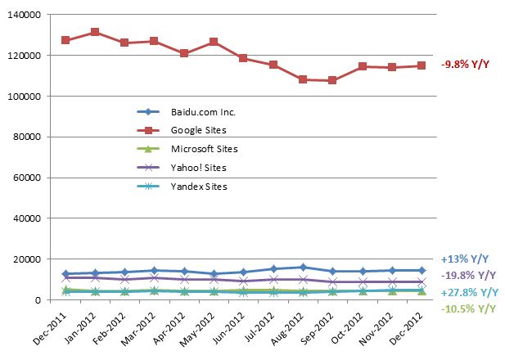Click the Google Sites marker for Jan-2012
click(95, 32)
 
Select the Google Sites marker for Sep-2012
click(332, 80)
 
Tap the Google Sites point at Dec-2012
click(422, 65)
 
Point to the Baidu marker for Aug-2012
click(303, 267)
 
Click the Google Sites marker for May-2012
click(214, 42)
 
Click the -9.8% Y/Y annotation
click(465, 65)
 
